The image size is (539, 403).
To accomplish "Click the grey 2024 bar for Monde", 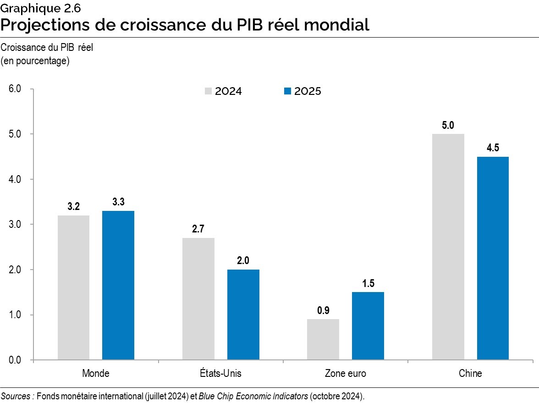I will (73, 287).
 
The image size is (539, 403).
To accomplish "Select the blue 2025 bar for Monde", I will (118, 285).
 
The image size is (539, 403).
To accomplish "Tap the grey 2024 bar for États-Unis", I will (198, 298).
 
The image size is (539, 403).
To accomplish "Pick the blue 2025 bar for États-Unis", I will (243, 315).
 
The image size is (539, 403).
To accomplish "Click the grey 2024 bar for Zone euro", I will (323, 339).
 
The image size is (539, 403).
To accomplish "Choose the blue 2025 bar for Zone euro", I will (368, 326).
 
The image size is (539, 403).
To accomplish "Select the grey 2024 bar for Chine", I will (448, 247).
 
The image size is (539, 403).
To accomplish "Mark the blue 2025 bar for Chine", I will (493, 258).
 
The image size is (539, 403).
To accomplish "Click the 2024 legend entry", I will (223, 91).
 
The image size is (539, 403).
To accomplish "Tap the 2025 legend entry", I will (302, 91).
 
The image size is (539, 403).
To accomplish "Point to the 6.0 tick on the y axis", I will (15, 89).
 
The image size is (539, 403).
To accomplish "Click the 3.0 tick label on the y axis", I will (15, 225).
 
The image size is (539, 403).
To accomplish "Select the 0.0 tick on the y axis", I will (15, 360).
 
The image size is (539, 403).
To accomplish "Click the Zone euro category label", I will (345, 373).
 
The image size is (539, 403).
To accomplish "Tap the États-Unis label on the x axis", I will (220, 373).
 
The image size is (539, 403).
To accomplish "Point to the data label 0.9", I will (323, 310).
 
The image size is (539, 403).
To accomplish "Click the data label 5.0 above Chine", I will (448, 125).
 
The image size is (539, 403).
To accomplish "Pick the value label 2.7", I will (198, 229).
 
